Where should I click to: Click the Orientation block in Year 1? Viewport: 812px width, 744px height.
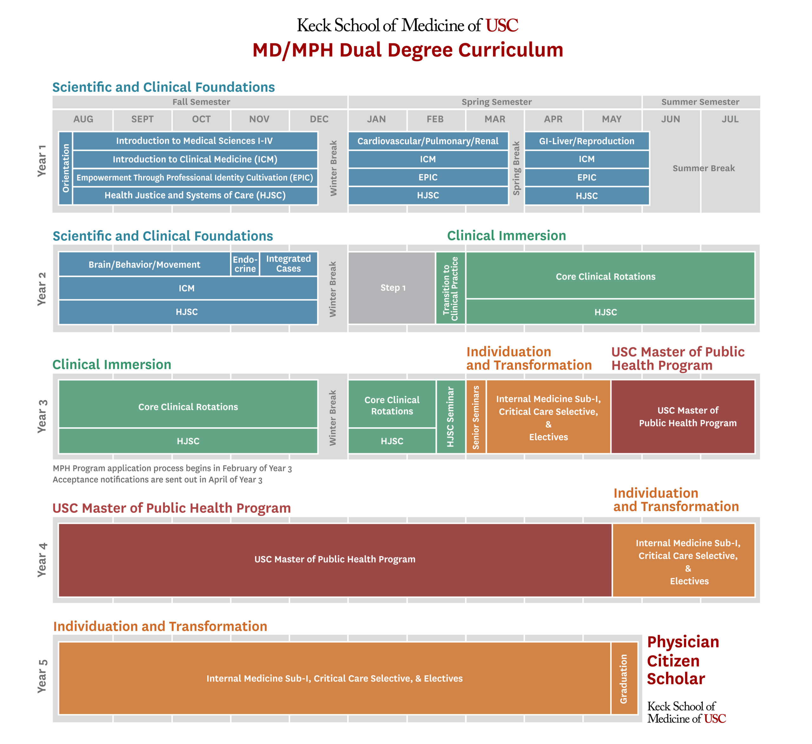coord(66,168)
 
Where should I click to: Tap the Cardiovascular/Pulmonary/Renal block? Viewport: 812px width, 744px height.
coord(428,141)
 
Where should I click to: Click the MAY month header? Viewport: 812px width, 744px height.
coord(612,119)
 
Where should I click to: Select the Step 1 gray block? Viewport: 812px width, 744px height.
coord(392,288)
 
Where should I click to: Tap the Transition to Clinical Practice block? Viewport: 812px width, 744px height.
coord(450,288)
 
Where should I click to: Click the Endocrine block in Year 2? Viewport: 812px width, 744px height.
coord(245,264)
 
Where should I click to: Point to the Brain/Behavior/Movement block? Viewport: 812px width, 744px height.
coord(144,264)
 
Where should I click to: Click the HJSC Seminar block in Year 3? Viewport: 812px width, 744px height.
coord(450,417)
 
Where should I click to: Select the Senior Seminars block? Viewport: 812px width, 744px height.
coord(476,417)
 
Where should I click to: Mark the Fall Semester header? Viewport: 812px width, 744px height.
coord(201,102)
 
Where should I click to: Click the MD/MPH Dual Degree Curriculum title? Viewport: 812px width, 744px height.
coord(408,50)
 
